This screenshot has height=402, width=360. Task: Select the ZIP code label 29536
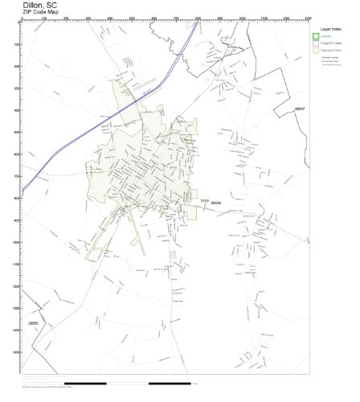(215, 203)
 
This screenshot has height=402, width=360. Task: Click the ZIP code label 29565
(32, 323)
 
